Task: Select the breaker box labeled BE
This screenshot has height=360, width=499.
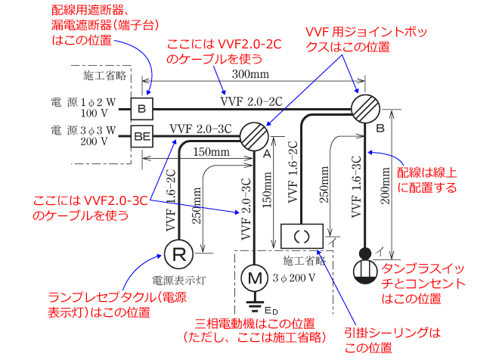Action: pos(142,137)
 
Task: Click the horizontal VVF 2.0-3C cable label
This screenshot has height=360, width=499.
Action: pos(200,128)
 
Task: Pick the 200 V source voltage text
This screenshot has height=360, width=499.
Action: pos(94,141)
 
